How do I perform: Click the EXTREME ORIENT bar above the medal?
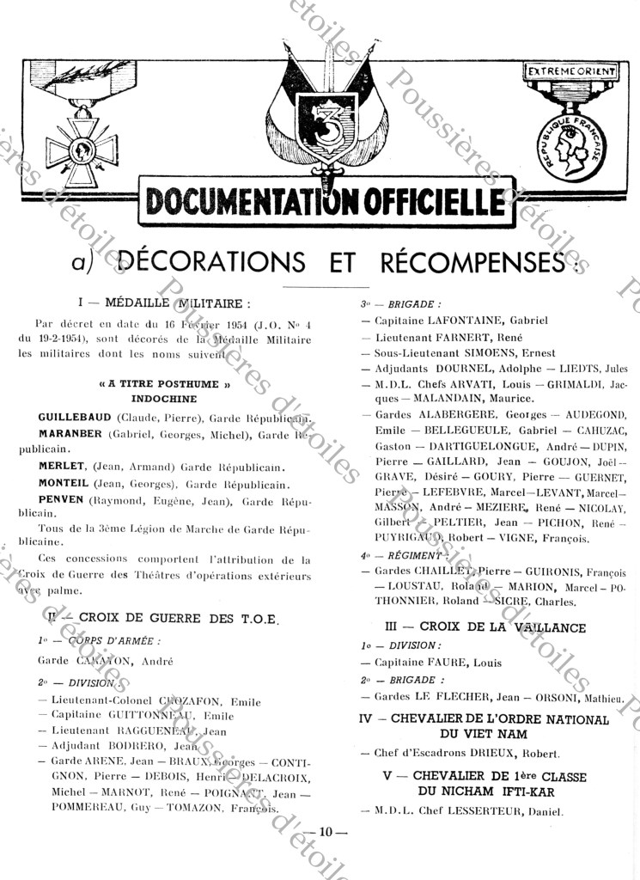571,71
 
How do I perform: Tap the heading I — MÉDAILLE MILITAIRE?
165,302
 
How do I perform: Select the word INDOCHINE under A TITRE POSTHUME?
164,399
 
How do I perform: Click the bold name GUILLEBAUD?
76,416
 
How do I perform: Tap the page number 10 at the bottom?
326,831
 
